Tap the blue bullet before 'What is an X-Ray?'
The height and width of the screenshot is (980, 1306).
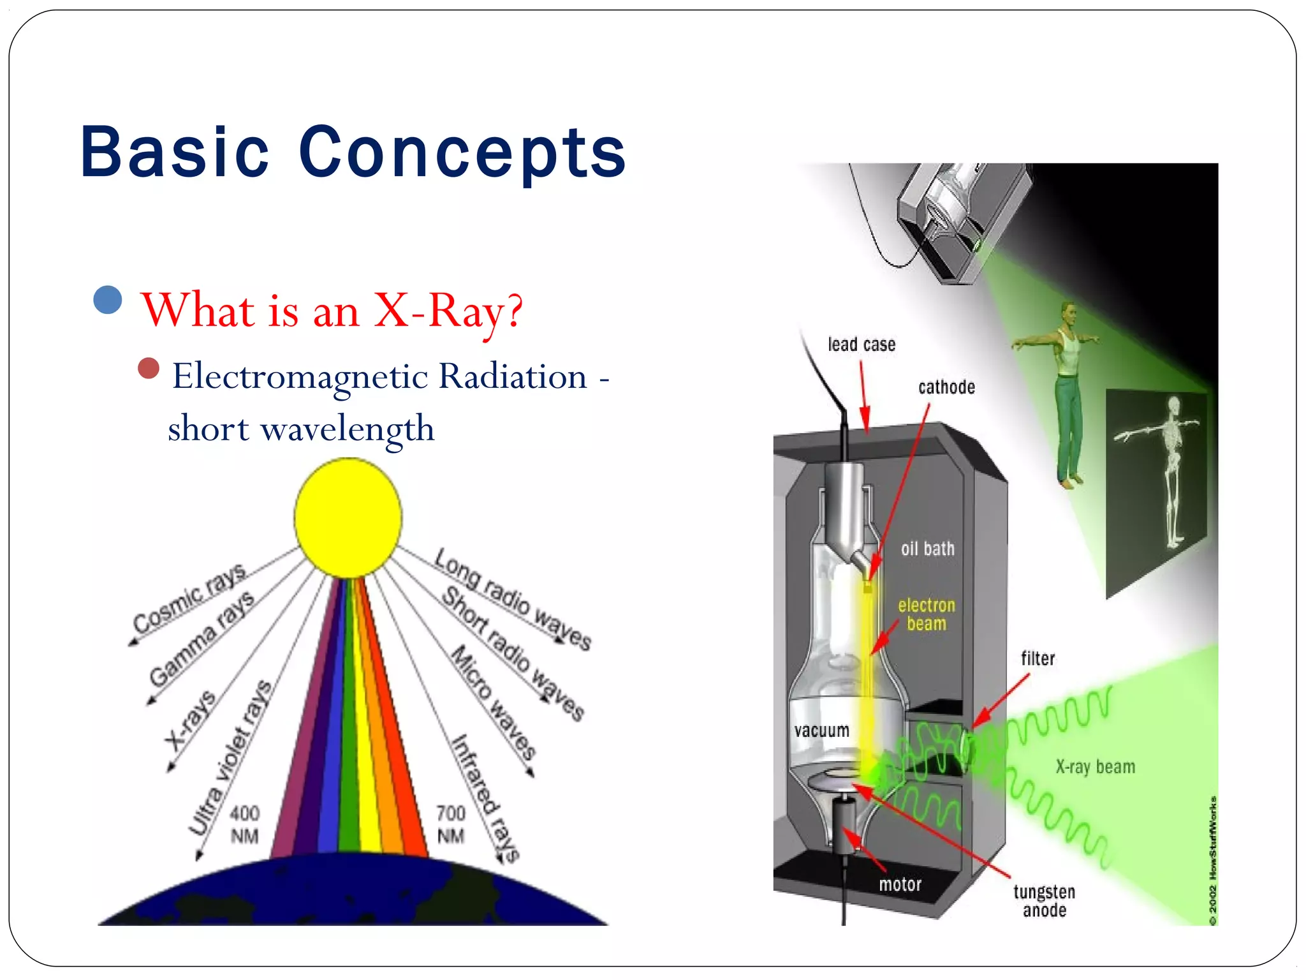click(x=107, y=300)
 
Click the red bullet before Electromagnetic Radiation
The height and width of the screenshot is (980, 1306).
click(x=149, y=368)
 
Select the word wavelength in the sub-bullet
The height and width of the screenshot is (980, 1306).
click(x=348, y=429)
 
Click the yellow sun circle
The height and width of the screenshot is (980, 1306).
click(x=348, y=517)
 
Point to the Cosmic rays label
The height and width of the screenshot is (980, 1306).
click(x=189, y=597)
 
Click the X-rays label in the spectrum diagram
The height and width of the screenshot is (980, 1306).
click(x=190, y=721)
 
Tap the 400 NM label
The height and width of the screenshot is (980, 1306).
click(x=244, y=824)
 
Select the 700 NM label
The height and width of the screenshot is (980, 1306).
click(x=451, y=824)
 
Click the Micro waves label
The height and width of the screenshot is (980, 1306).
click(x=494, y=702)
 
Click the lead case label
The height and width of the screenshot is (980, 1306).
click(x=862, y=345)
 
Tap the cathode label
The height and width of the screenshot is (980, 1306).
click(x=946, y=387)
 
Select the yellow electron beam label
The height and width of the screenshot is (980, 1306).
click(x=927, y=614)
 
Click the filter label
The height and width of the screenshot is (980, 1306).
click(x=1038, y=658)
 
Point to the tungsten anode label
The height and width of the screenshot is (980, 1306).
click(x=1044, y=901)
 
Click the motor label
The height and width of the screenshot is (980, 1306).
click(x=900, y=884)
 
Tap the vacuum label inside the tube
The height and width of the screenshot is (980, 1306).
click(x=821, y=731)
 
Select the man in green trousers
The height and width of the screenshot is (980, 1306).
click(x=1067, y=396)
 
